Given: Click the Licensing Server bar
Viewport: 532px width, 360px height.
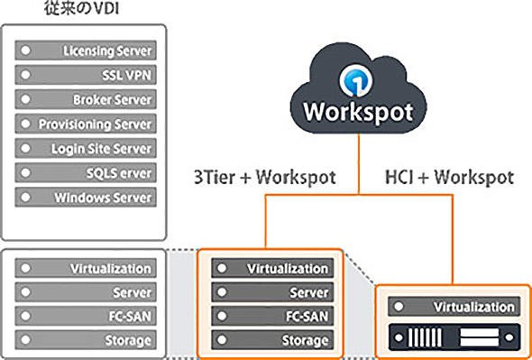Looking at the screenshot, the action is pos(86,51).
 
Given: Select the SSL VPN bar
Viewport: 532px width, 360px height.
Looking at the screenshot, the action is pos(86,75).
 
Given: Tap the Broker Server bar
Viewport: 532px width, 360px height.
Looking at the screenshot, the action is pos(86,99).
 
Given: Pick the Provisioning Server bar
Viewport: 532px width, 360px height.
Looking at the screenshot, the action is pos(86,124).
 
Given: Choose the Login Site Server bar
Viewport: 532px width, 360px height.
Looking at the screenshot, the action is pos(86,148).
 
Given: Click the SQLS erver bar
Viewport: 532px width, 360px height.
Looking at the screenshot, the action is pos(86,172).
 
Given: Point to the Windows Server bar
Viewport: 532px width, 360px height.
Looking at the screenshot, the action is pos(86,197).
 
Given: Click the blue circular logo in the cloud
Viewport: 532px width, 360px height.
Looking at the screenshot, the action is pos(356,81).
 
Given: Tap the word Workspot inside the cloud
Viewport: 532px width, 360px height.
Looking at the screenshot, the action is pos(358,112).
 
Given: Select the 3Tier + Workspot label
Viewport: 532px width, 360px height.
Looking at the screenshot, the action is pos(265,178).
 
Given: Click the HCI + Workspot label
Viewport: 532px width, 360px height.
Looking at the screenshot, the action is pos(450,178).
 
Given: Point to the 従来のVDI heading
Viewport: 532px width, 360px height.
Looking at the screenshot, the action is pos(81,8).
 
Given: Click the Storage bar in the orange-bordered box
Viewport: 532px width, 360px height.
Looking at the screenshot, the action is pos(272,339).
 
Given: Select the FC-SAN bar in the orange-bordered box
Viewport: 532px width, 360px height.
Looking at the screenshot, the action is pos(272,316).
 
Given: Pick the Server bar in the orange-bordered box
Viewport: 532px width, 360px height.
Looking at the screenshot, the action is pos(272,292).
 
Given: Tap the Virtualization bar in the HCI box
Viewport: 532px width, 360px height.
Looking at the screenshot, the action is pos(454,307).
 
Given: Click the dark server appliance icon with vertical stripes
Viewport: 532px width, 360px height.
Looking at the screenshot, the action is pos(454,337).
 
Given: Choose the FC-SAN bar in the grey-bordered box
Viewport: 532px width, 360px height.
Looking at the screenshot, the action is pos(86,316).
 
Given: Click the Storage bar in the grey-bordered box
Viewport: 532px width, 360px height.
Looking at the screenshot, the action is pos(86,339).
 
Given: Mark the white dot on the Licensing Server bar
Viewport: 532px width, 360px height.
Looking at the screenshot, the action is pos(25,51).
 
